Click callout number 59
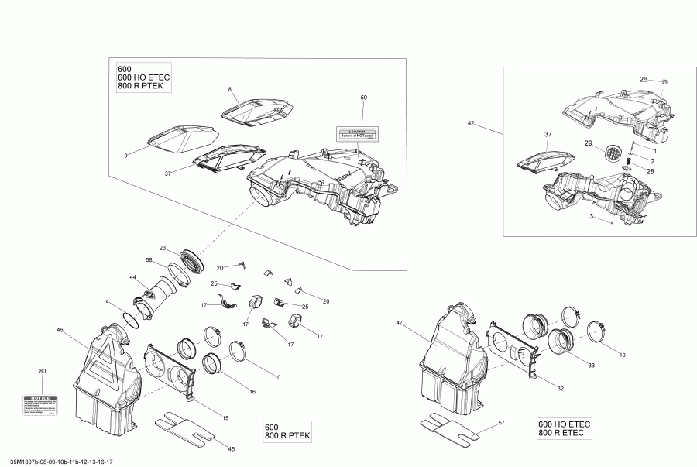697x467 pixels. [x=365, y=98]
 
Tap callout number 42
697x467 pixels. [x=471, y=123]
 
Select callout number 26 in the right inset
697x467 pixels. [x=643, y=80]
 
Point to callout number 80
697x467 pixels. [x=43, y=372]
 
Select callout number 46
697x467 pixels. [x=60, y=330]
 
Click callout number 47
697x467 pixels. [x=400, y=322]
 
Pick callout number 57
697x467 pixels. [x=501, y=423]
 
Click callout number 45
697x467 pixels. [x=230, y=449]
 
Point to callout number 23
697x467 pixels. [x=163, y=248]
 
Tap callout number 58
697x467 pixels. [x=149, y=260]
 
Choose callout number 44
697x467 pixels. [x=133, y=277]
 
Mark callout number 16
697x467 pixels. [x=252, y=393]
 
